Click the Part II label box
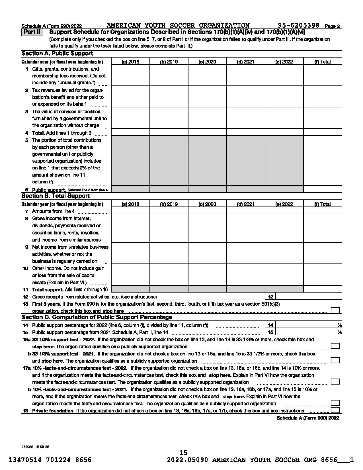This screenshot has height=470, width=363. click(x=32, y=32)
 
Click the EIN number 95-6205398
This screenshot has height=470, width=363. click(x=299, y=26)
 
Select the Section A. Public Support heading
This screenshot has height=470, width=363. click(x=57, y=54)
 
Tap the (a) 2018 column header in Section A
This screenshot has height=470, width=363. click(x=130, y=62)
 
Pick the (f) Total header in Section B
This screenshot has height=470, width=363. click(x=322, y=204)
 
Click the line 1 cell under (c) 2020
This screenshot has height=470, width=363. click(x=207, y=76)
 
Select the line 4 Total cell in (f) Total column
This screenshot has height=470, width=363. click(x=323, y=132)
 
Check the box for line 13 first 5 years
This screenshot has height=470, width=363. click(x=335, y=310)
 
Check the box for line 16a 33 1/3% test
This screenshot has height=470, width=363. click(x=335, y=346)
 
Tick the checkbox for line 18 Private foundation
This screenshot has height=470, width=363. click(x=335, y=410)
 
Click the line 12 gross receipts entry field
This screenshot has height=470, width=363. click(x=309, y=297)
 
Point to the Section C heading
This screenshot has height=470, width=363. click(x=97, y=317)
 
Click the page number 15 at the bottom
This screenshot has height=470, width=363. click(x=183, y=453)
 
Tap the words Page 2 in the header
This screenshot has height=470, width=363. click(x=332, y=26)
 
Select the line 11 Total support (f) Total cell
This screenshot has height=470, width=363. click(x=323, y=289)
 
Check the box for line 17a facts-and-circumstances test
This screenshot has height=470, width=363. click(x=335, y=382)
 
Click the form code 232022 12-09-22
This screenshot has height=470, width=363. click(x=35, y=447)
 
